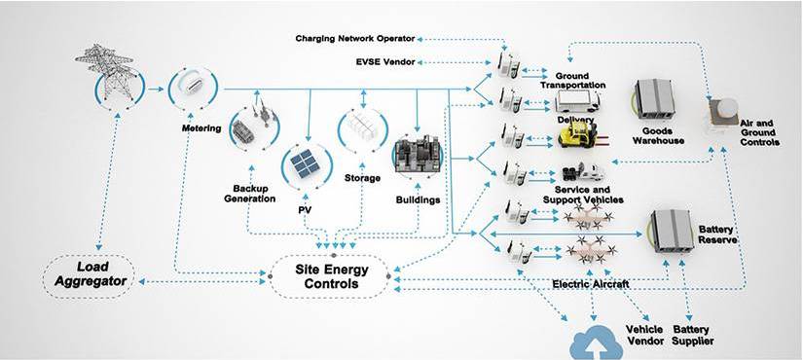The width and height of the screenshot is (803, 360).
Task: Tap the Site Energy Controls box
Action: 326,275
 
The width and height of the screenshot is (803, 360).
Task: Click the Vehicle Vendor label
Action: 644,335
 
